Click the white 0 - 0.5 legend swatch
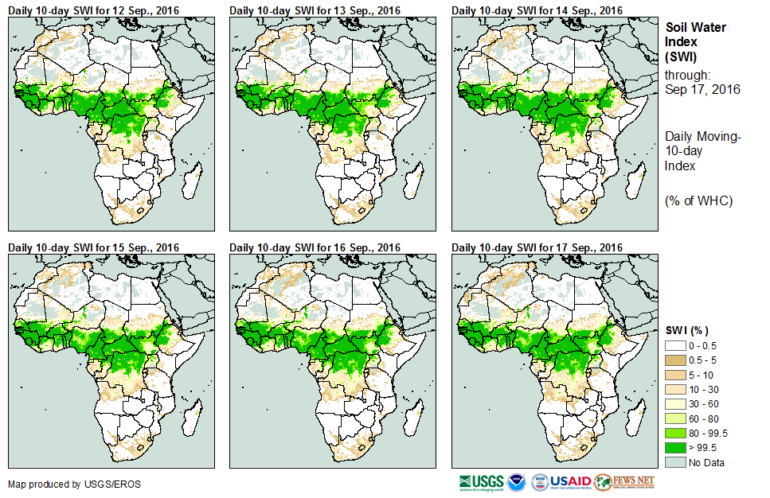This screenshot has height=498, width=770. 675,346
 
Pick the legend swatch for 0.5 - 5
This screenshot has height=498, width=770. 675,360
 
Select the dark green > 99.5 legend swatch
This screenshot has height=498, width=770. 675,447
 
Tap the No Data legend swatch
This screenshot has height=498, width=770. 675,461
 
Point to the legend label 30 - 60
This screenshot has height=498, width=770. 705,404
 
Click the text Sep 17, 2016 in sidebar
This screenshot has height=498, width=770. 702,89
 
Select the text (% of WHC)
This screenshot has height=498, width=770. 698,200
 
